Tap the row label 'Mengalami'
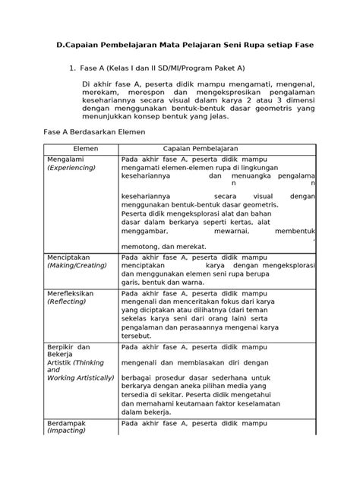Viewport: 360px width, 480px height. (67, 160)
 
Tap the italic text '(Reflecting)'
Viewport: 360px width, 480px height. (69, 301)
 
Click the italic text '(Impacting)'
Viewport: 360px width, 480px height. (68, 452)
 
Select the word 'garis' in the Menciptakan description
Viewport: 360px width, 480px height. (134, 279)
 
